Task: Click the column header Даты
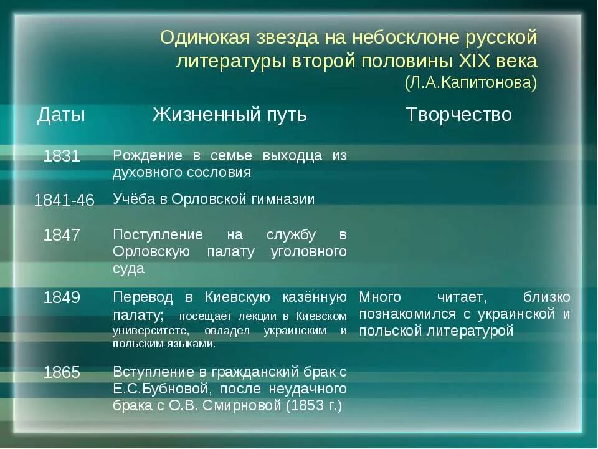click(61, 115)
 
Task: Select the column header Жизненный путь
click(230, 115)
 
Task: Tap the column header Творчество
click(458, 115)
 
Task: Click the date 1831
click(62, 157)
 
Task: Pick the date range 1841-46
click(64, 200)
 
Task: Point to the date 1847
click(62, 235)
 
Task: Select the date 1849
click(62, 297)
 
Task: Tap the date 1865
click(62, 372)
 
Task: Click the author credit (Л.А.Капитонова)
click(470, 82)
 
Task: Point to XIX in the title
click(475, 61)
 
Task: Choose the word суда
click(128, 269)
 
